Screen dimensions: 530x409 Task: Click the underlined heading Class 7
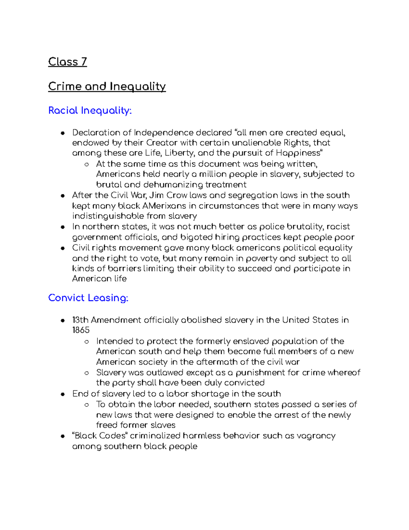tap(67, 62)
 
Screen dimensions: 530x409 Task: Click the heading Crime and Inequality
tap(107, 86)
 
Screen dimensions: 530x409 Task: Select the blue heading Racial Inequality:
tap(90, 111)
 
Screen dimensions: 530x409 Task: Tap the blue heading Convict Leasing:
tap(88, 298)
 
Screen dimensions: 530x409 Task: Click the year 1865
tap(81, 330)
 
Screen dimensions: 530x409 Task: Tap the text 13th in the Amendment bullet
tap(80, 320)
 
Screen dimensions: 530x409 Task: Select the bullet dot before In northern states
tap(62, 227)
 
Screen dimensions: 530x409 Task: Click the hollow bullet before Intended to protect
tap(87, 342)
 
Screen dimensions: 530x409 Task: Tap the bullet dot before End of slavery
tap(62, 394)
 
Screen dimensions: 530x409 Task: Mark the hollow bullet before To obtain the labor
tap(87, 405)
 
